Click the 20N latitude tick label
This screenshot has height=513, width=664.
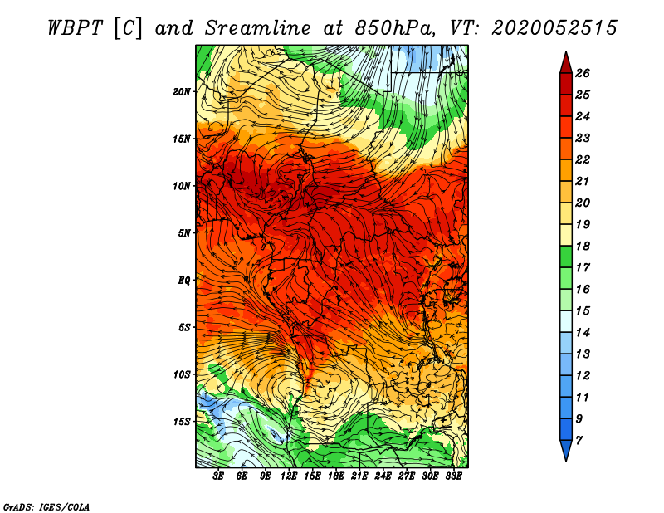pyautogui.click(x=182, y=92)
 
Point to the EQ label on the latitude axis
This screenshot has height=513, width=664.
pyautogui.click(x=183, y=281)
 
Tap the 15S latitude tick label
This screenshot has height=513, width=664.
pyautogui.click(x=182, y=422)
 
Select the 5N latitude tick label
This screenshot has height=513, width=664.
pyautogui.click(x=184, y=233)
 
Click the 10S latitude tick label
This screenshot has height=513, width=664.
pyautogui.click(x=182, y=374)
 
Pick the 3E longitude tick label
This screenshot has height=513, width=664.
pyautogui.click(x=218, y=476)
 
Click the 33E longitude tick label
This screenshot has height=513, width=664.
pyautogui.click(x=453, y=476)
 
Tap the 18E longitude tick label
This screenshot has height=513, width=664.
pyautogui.click(x=336, y=476)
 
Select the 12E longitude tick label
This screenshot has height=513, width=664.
pyautogui.click(x=289, y=476)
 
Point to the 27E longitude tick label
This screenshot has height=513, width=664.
pyautogui.click(x=407, y=476)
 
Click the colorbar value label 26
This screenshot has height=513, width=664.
pyautogui.click(x=583, y=73)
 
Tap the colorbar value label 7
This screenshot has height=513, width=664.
pyautogui.click(x=579, y=441)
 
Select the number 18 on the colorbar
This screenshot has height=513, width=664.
pyautogui.click(x=583, y=246)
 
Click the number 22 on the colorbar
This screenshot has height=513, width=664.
pyautogui.click(x=583, y=159)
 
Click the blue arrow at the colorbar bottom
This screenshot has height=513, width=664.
pyautogui.click(x=566, y=450)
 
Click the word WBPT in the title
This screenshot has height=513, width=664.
pyautogui.click(x=76, y=28)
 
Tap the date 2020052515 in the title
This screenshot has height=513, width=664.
pyautogui.click(x=554, y=28)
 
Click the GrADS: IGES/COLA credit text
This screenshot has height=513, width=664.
pyautogui.click(x=46, y=506)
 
